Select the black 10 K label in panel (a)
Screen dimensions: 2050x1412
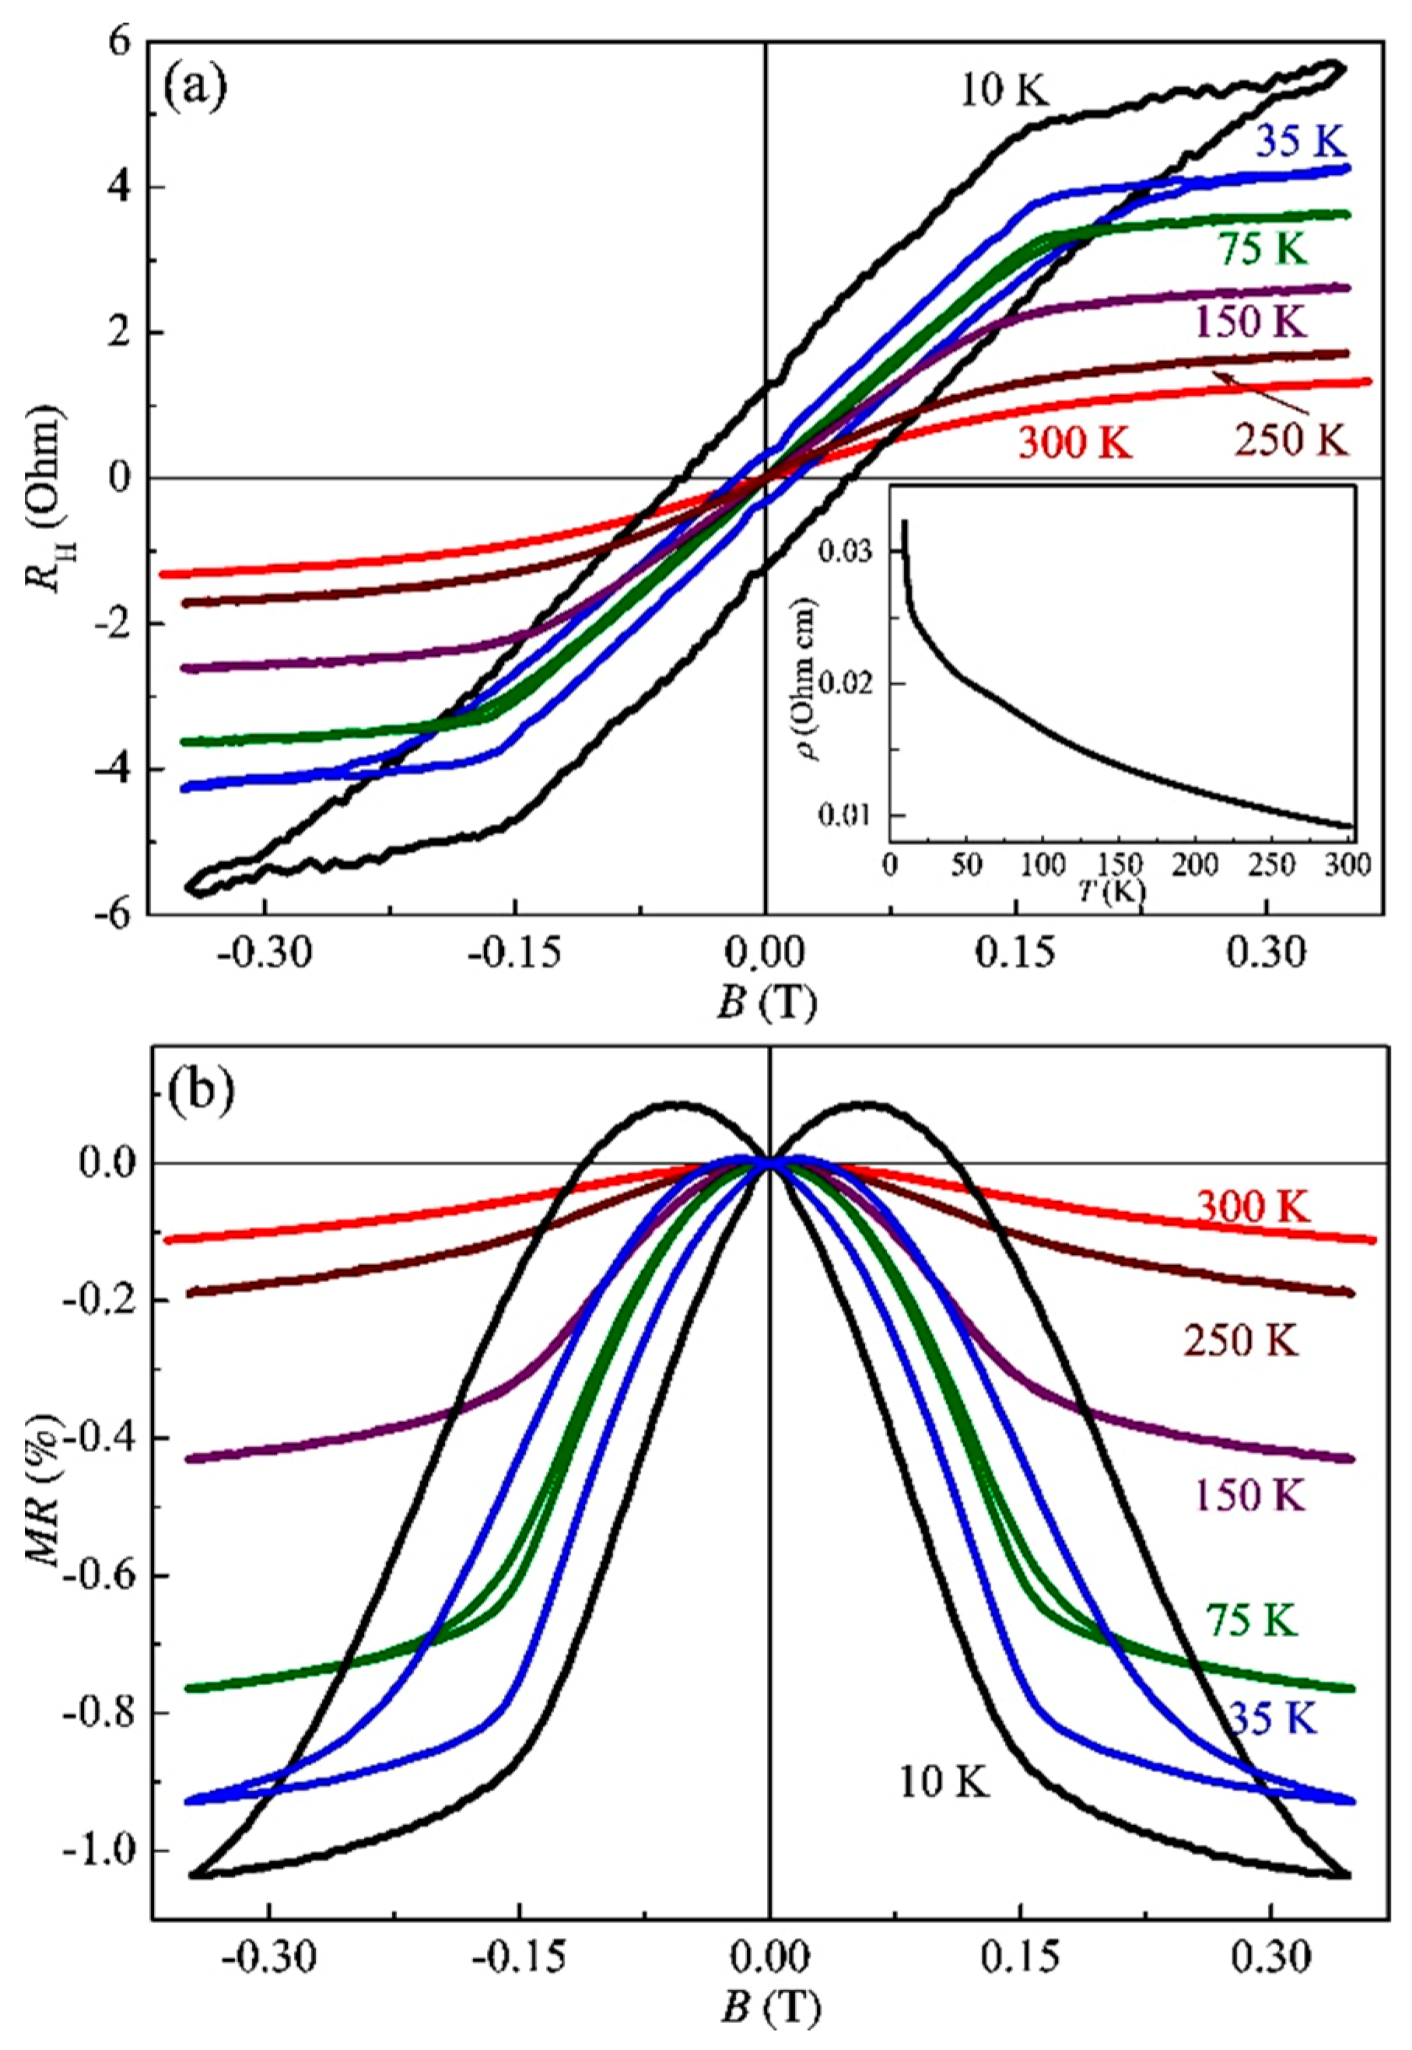1006,92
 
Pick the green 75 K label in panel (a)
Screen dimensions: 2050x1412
1263,251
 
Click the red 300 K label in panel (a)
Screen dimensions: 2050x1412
1075,443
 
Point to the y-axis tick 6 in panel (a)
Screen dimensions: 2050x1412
120,43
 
